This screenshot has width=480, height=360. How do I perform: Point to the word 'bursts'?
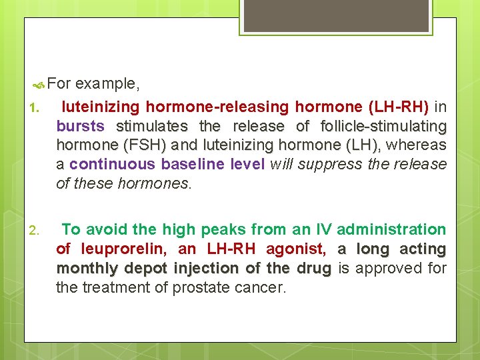pyautogui.click(x=81, y=126)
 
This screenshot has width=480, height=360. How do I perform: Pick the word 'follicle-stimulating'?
pyautogui.click(x=383, y=126)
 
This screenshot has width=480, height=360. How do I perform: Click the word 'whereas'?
pyautogui.click(x=417, y=145)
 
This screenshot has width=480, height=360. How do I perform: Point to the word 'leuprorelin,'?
pyautogui.click(x=125, y=249)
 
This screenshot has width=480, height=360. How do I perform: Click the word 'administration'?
pyautogui.click(x=391, y=230)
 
